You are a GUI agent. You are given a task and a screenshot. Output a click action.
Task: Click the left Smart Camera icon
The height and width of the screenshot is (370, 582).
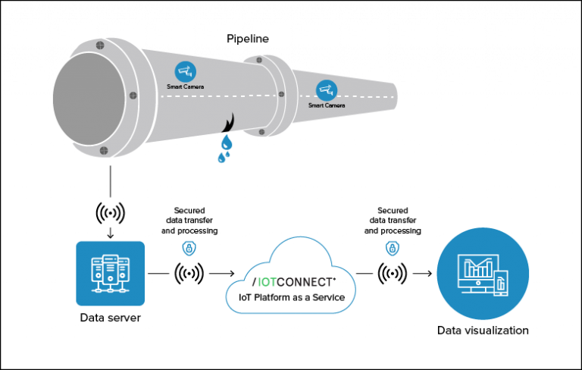(184, 72)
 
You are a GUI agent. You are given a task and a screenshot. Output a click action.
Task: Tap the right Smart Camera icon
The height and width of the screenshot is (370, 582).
(327, 90)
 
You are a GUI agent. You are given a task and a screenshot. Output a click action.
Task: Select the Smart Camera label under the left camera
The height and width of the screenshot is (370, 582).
(185, 87)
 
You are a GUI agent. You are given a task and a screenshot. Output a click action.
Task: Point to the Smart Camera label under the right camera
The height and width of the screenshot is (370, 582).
(327, 105)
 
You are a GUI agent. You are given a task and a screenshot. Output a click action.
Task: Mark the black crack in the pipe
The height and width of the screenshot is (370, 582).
(230, 124)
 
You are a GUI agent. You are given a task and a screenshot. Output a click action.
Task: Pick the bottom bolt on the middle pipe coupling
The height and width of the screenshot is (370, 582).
(261, 132)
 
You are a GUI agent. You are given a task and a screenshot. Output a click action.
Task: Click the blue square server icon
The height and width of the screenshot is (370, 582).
(111, 273)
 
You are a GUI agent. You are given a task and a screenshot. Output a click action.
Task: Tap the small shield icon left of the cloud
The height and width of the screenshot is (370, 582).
(189, 248)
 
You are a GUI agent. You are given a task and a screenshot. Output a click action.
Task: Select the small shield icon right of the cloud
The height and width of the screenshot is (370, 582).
(392, 248)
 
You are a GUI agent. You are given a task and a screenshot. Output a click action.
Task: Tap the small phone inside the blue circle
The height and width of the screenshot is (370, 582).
(500, 283)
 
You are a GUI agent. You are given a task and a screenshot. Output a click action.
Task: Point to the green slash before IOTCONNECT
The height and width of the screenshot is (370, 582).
(254, 282)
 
